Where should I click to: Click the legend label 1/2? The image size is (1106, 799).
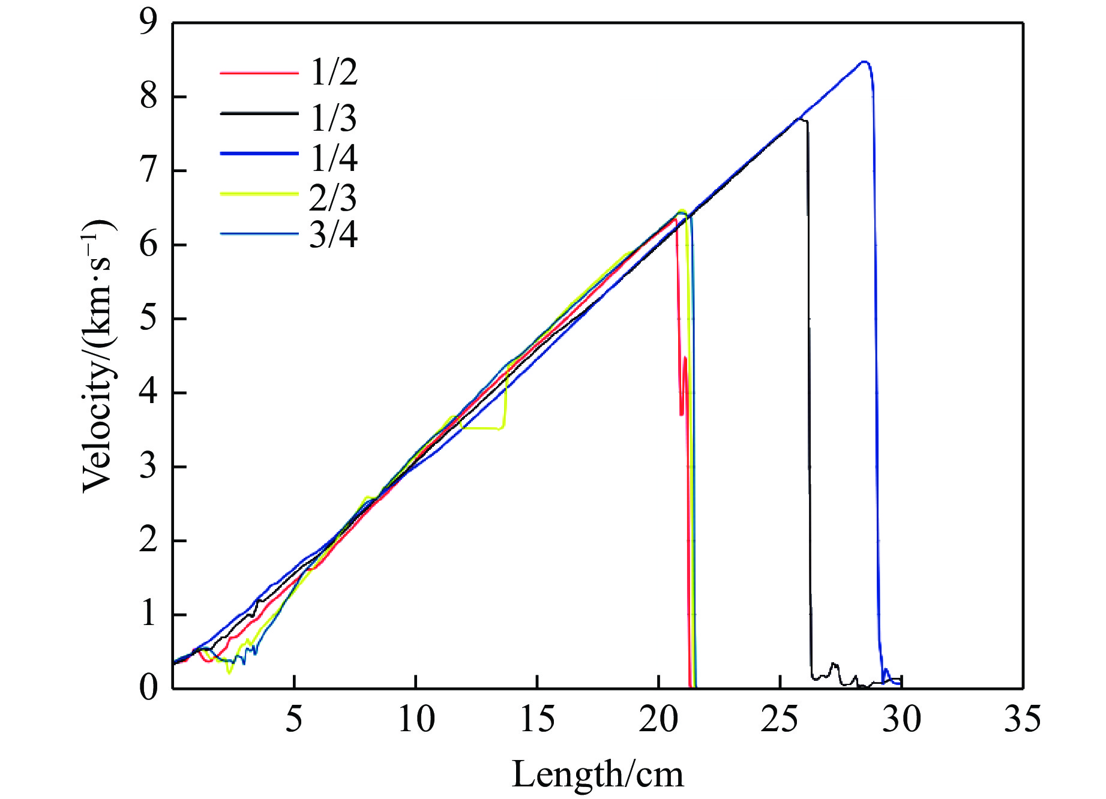[x=334, y=73]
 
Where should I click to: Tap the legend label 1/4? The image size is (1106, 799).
[x=334, y=158]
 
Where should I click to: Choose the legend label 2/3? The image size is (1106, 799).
[x=333, y=197]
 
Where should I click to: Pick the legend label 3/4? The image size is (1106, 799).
[x=333, y=235]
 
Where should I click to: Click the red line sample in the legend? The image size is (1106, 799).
[x=259, y=73]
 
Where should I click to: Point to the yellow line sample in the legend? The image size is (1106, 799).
[x=259, y=194]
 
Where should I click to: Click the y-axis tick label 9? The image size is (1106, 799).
[x=148, y=23]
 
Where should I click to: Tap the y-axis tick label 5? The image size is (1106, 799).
[x=148, y=319]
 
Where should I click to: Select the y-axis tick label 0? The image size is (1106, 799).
[x=148, y=687]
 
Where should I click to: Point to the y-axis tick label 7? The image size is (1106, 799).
[x=148, y=171]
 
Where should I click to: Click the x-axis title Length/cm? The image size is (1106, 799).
[x=598, y=774]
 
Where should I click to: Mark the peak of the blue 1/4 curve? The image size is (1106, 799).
[x=864, y=62]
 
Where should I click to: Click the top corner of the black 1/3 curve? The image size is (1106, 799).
[x=803, y=120]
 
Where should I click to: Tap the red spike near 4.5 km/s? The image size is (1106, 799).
[x=685, y=358]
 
